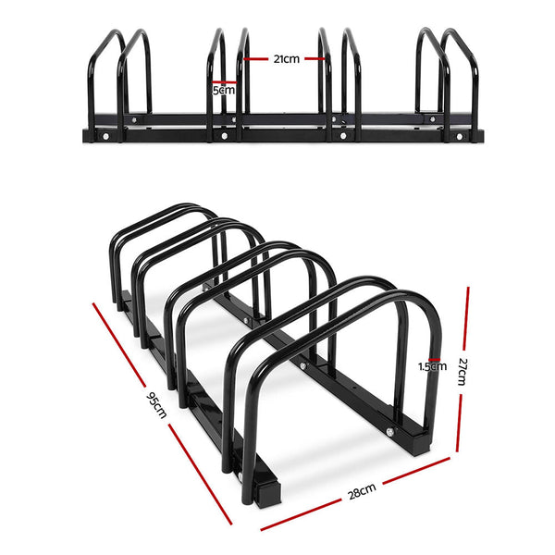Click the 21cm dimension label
285,58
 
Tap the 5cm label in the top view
223,91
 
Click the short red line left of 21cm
259,58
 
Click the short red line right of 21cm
314,58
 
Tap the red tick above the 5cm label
223,81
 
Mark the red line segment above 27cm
467,314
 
